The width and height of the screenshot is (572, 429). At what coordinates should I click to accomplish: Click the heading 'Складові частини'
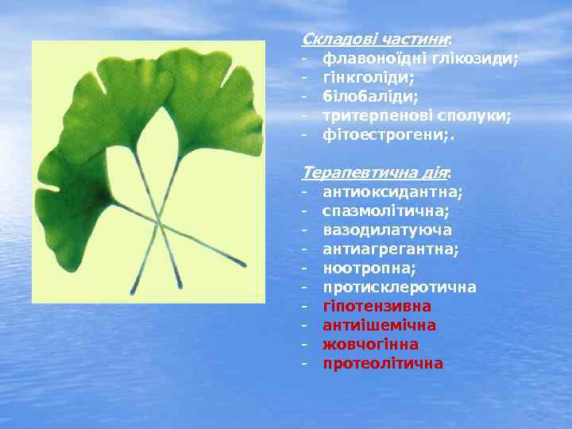coord(376,39)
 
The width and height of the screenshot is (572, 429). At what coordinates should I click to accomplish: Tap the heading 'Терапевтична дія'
coord(376,172)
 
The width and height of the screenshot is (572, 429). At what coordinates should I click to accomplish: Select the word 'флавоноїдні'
coord(368,58)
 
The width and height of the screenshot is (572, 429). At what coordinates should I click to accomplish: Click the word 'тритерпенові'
coord(373,115)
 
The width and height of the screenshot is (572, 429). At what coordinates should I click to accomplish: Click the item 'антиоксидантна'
coord(392,191)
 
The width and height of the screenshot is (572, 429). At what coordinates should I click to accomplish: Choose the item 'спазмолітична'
coord(385,211)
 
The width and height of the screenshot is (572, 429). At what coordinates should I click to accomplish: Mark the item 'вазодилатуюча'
coord(388,230)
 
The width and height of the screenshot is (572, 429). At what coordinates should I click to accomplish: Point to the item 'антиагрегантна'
coord(390,249)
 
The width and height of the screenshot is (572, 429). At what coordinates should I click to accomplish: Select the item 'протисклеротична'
coord(399,287)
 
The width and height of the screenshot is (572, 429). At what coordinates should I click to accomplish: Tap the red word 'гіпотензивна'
coord(377,306)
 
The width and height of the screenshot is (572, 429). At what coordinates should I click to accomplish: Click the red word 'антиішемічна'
coord(379,325)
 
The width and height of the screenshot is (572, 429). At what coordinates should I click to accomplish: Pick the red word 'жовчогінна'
coord(370,344)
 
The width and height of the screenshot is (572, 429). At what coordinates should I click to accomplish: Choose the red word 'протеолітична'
coord(383,363)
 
